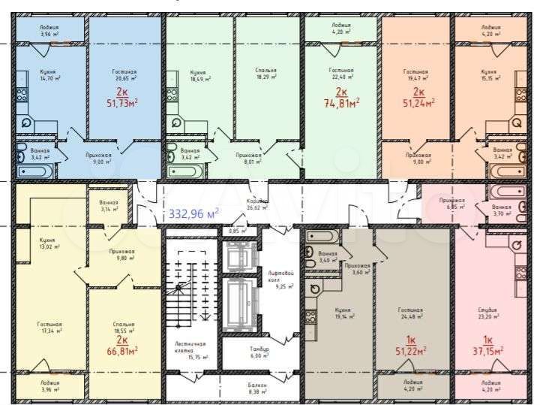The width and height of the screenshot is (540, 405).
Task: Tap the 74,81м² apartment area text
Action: pyautogui.click(x=341, y=103)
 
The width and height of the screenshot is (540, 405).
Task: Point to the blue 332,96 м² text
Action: pyautogui.click(x=193, y=213)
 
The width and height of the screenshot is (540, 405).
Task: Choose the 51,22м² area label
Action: pyautogui.click(x=410, y=349)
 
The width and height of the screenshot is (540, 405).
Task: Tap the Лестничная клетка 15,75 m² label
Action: pyautogui.click(x=186, y=349)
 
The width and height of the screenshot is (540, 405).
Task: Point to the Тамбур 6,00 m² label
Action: pyautogui.click(x=259, y=352)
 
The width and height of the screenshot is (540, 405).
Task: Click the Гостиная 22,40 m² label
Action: pyautogui.click(x=341, y=74)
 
